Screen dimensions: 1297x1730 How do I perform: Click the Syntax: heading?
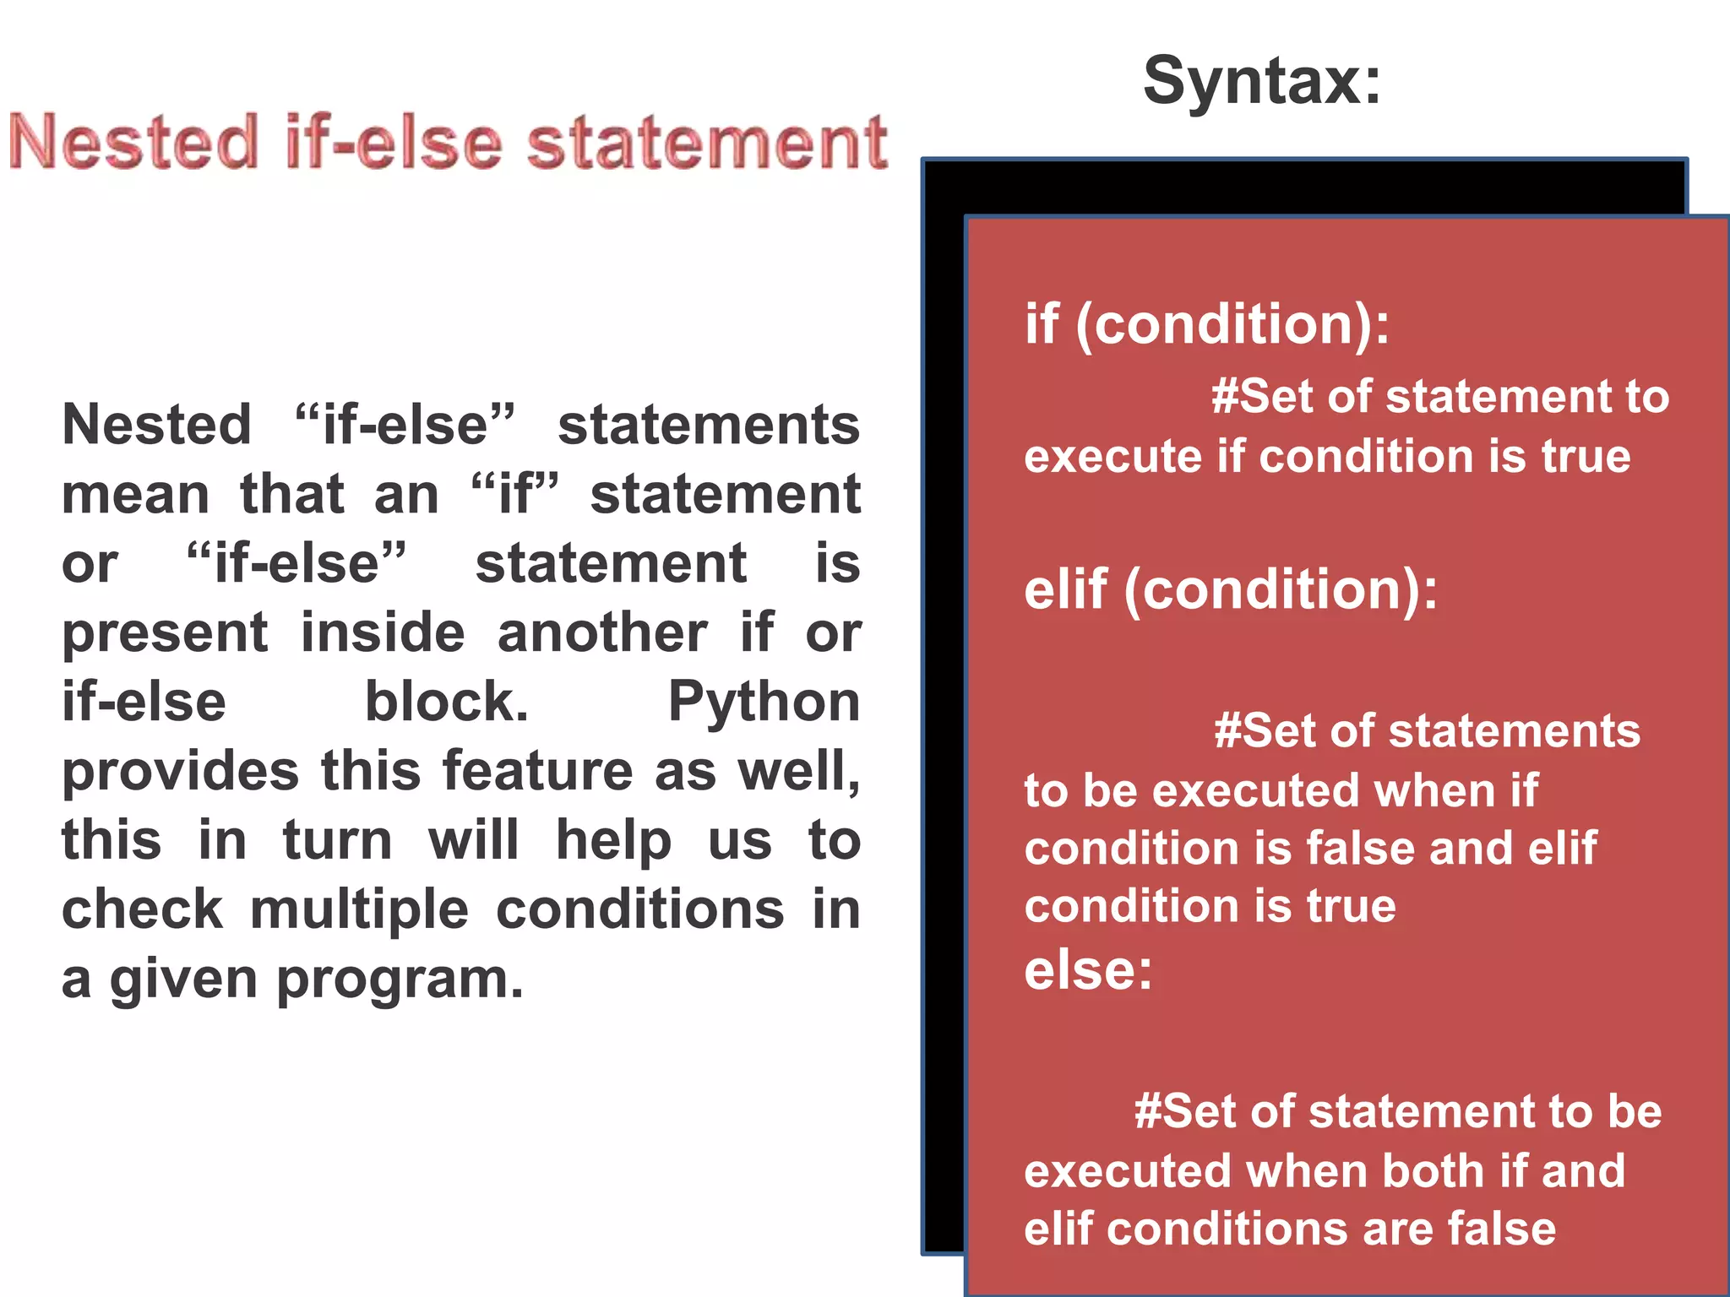[x=1262, y=81]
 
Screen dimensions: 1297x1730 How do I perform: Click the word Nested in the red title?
[x=133, y=142]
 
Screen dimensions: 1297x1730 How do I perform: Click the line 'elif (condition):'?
[x=1230, y=589]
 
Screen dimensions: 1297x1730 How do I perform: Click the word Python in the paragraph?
[x=764, y=703]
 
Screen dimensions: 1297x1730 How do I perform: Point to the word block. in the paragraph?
[x=446, y=703]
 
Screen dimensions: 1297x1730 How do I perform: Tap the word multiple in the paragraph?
[x=359, y=910]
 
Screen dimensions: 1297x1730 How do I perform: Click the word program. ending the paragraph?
[x=400, y=980]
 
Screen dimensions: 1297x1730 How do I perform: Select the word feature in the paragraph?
[x=537, y=772]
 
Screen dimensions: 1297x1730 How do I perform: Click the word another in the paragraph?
[x=602, y=633]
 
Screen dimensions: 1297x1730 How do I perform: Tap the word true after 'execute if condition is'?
[x=1585, y=457]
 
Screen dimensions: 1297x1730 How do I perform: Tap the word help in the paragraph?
[x=613, y=841]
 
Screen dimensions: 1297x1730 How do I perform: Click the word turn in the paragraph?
[x=337, y=841]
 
